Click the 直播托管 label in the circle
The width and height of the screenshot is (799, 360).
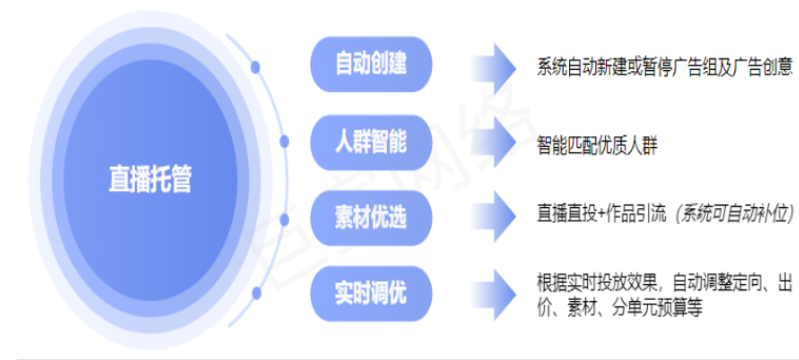point(150,181)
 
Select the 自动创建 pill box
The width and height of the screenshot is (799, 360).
point(371,66)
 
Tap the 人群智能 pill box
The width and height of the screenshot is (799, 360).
point(371,142)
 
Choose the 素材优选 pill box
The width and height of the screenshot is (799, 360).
point(371,217)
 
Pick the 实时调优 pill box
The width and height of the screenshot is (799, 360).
point(371,293)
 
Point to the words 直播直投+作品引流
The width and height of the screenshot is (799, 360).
point(602,214)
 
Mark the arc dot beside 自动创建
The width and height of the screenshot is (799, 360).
point(256,67)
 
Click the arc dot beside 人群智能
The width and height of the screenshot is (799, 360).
point(284,142)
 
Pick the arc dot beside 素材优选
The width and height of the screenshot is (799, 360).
point(284,218)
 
